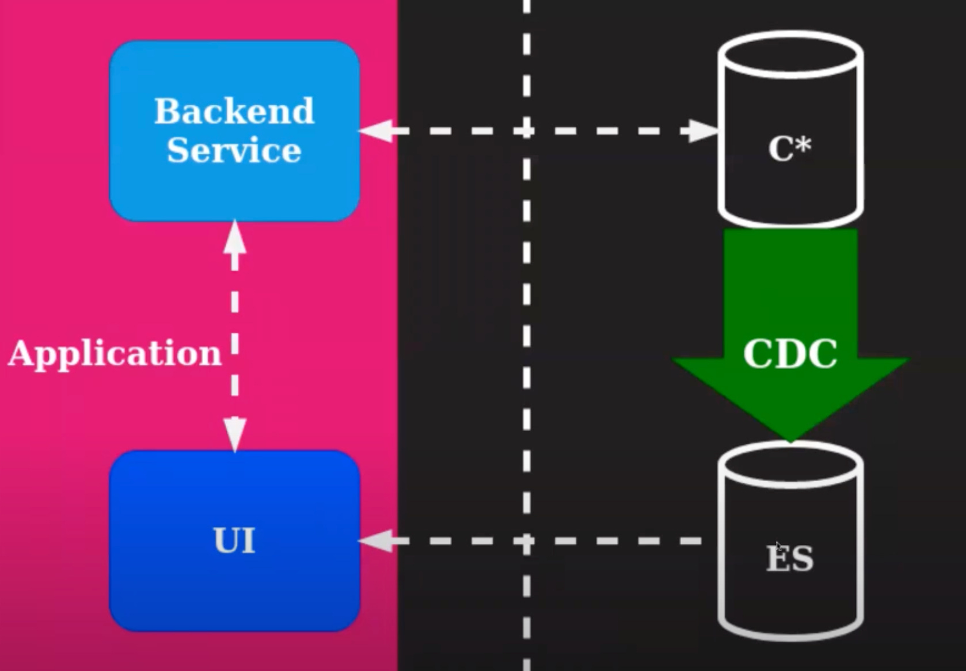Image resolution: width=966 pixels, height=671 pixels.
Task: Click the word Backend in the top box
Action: pyautogui.click(x=234, y=110)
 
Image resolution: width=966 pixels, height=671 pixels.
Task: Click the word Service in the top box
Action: pyautogui.click(x=234, y=150)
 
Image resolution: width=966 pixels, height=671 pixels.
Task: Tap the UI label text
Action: pyautogui.click(x=234, y=540)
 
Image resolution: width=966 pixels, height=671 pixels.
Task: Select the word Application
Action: pyautogui.click(x=115, y=353)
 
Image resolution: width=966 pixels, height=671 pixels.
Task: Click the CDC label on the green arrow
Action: pyautogui.click(x=790, y=353)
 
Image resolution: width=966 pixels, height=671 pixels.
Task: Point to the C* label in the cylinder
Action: pyautogui.click(x=789, y=148)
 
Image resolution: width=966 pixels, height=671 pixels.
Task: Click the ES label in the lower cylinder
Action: pyautogui.click(x=790, y=558)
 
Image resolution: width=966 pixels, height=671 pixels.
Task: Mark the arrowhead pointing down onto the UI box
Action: pyautogui.click(x=235, y=434)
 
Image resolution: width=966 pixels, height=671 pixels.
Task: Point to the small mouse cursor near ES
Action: pyautogui.click(x=779, y=546)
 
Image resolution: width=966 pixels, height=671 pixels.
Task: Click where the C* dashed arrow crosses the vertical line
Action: pyautogui.click(x=526, y=131)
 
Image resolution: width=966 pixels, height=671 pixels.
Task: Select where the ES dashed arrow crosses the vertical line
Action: pyautogui.click(x=526, y=541)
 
